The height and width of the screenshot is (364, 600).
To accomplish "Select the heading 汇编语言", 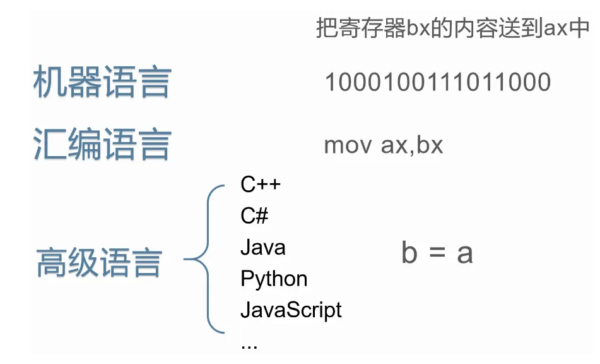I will (102, 145).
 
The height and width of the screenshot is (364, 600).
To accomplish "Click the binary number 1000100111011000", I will (437, 82).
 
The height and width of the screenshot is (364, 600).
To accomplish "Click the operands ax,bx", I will (412, 145).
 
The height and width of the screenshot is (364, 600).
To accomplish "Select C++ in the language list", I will (260, 185).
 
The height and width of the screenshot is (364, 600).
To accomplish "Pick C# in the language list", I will (254, 216).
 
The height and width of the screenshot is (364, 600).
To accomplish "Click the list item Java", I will (262, 247).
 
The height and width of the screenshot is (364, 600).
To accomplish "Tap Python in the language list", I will (274, 279).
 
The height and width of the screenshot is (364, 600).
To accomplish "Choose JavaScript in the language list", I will (291, 310).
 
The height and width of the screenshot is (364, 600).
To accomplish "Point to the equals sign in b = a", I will (437, 253).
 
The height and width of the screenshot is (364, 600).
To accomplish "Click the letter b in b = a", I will (409, 253).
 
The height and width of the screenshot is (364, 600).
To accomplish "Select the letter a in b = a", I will (464, 253).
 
